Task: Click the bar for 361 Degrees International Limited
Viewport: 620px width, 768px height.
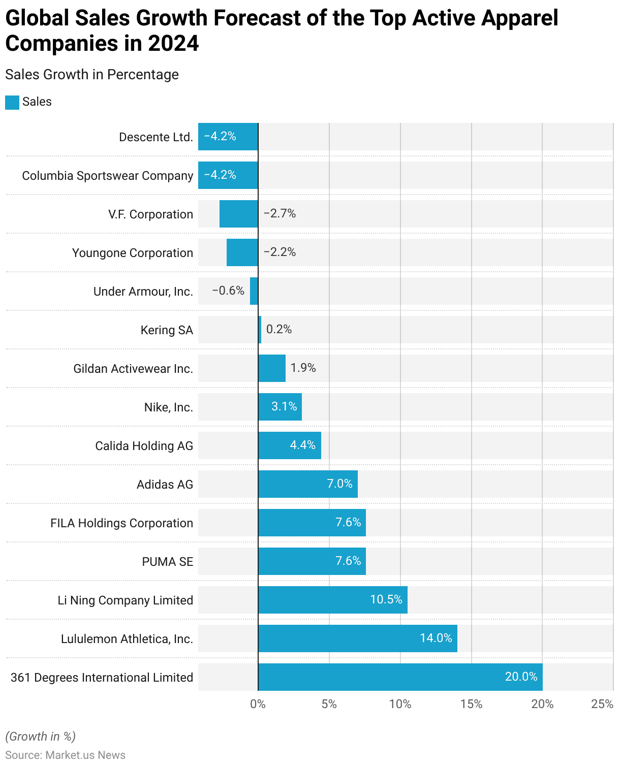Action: click(400, 677)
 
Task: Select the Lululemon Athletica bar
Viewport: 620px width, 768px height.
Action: click(357, 638)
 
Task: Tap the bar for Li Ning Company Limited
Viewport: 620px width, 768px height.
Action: click(332, 599)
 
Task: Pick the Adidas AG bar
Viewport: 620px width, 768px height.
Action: click(307, 484)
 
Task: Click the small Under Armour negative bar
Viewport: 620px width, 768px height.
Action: click(254, 291)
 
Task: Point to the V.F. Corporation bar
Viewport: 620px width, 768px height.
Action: click(239, 214)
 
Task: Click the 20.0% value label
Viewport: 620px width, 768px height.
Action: click(521, 677)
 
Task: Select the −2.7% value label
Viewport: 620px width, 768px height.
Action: click(280, 213)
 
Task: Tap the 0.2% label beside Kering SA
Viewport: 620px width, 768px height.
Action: click(279, 329)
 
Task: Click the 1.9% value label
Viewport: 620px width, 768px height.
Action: click(303, 368)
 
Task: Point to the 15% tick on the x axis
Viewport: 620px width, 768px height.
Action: click(471, 704)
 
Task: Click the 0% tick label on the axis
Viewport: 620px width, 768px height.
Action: click(258, 704)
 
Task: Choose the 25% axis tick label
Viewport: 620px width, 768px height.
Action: click(602, 704)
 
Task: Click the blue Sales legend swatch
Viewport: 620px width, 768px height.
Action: click(12, 102)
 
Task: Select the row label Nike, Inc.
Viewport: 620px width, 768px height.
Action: click(168, 407)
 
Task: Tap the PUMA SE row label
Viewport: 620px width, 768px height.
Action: click(167, 562)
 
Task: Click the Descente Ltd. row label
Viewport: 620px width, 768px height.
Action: click(156, 137)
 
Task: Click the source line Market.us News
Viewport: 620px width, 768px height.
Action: click(65, 755)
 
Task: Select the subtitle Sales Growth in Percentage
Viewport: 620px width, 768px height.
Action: click(92, 75)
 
